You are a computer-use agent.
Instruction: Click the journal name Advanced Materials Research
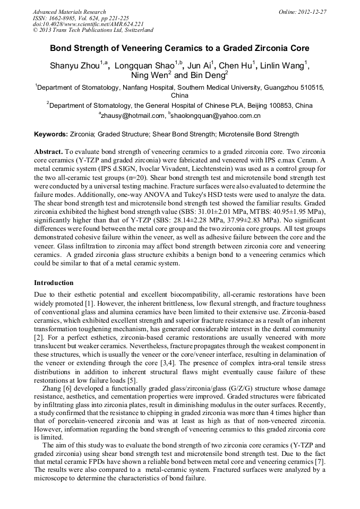point(69,12)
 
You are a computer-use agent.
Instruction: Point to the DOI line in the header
point(88,24)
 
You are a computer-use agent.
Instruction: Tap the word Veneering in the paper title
point(138,48)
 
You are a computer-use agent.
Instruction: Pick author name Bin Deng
point(208,75)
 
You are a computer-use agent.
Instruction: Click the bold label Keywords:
point(51,134)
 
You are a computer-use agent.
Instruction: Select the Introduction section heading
point(54,283)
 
